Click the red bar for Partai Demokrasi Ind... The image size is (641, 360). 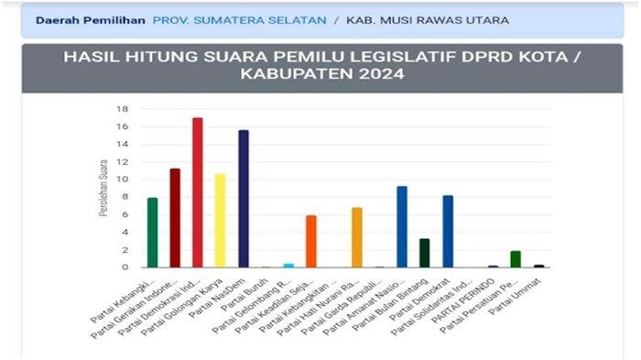tap(197, 192)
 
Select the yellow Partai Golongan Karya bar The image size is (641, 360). tap(220, 220)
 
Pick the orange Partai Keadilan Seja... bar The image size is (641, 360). tap(311, 241)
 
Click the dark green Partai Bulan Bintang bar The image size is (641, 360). tap(425, 253)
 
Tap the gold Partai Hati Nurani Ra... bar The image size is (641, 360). tap(357, 237)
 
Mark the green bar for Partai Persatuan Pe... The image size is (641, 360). tap(516, 259)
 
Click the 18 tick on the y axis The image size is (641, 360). tap(123, 109)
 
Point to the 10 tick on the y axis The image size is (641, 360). tap(123, 180)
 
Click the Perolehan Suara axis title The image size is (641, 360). tap(103, 188)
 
